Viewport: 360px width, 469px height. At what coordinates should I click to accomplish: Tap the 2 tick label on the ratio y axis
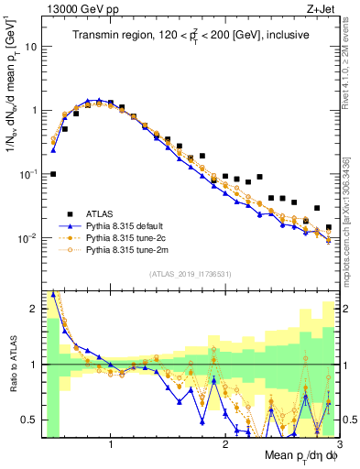[x=32, y=309]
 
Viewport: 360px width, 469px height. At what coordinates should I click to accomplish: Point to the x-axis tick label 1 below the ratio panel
[x=111, y=443]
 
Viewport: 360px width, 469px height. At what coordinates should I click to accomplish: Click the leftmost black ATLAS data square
[x=53, y=174]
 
